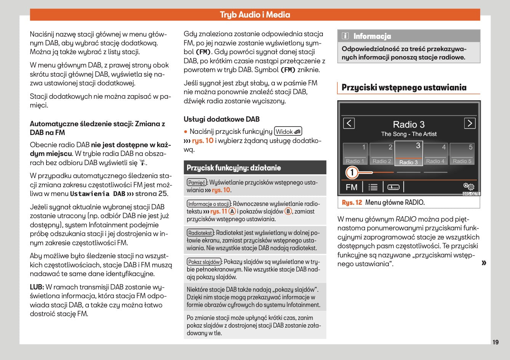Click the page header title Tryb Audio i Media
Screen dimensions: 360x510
[x=255, y=15]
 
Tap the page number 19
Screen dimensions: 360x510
[x=495, y=342]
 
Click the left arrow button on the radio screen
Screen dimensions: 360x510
[x=349, y=123]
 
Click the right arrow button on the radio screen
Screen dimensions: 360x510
[x=470, y=123]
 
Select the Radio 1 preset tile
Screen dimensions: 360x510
[x=355, y=154]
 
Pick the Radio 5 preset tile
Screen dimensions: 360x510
[x=462, y=154]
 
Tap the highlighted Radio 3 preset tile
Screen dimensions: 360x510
[x=409, y=153]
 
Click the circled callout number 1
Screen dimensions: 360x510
[x=352, y=173]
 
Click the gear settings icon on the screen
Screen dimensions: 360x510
[x=468, y=186]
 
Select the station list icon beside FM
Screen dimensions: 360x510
[x=373, y=187]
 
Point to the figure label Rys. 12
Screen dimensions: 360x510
[x=352, y=202]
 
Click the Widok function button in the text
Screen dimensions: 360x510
[x=288, y=132]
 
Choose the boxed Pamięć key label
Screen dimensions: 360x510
[x=197, y=183]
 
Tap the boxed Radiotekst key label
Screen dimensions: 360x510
[x=200, y=233]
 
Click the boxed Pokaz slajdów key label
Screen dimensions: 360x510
[x=204, y=262]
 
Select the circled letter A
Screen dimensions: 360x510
[x=232, y=211]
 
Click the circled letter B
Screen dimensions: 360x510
[x=288, y=211]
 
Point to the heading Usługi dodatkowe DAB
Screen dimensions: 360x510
[x=221, y=119]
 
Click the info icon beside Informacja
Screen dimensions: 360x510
[x=345, y=36]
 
